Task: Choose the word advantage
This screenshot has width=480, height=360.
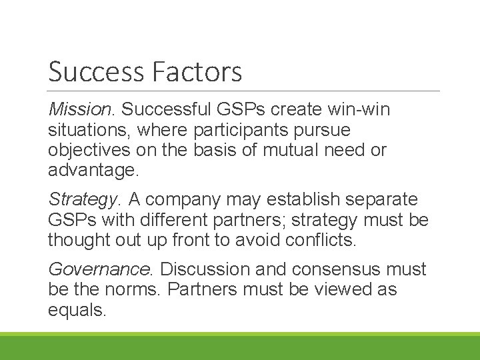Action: tap(93, 170)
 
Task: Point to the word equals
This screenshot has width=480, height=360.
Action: tap(77, 311)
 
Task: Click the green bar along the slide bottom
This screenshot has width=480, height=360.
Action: tap(240, 347)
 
